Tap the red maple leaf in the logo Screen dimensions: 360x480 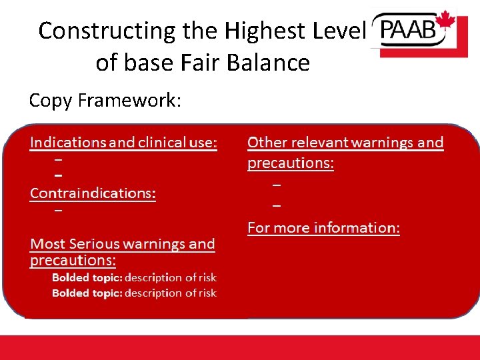(x=445, y=21)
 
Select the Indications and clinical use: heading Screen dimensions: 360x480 (x=123, y=143)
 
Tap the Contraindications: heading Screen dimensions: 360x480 (x=93, y=193)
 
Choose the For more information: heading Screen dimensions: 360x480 (x=323, y=228)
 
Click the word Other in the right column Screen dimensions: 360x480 (x=265, y=143)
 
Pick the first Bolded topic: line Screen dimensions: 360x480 (x=134, y=277)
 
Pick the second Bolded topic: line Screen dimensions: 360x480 (x=134, y=293)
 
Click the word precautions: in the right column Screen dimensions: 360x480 (x=290, y=163)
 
